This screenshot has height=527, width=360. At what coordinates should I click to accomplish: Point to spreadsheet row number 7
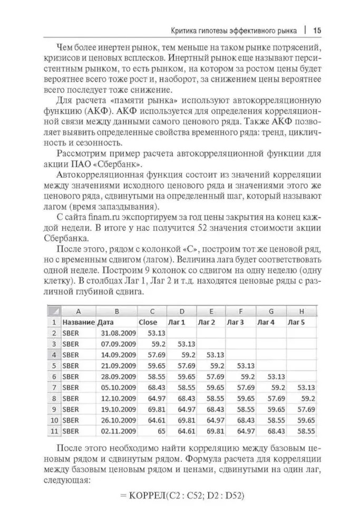[x=53, y=388]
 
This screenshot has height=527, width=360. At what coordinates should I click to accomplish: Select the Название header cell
[x=78, y=322]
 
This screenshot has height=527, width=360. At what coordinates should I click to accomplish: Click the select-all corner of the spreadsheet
[x=53, y=311]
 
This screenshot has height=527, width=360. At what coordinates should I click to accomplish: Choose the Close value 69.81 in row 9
[x=158, y=409]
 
